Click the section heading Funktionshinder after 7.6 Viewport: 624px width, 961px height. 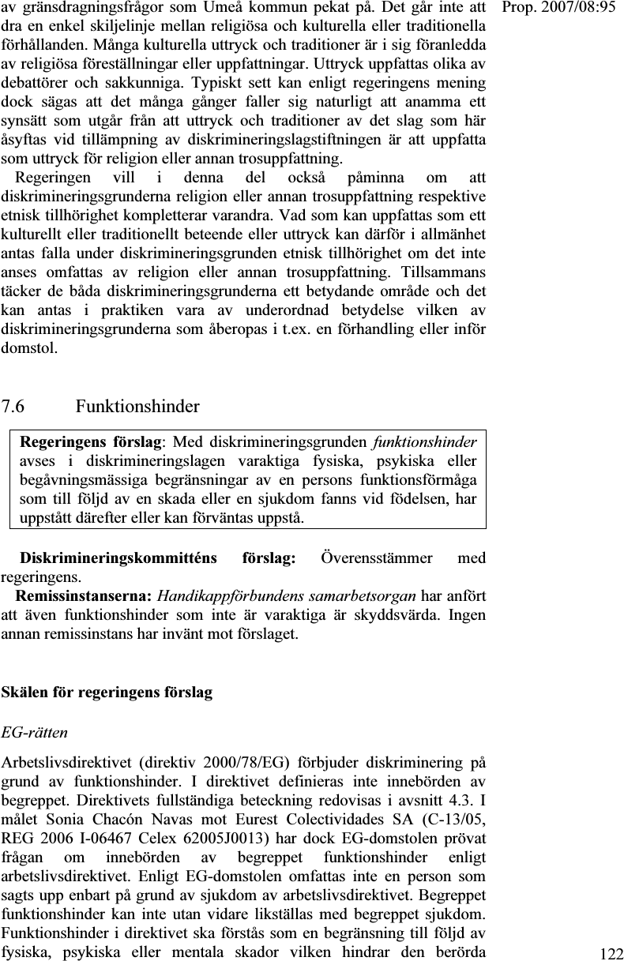click(137, 407)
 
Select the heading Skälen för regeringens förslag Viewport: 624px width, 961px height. click(107, 693)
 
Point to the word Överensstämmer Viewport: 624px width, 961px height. click(377, 559)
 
